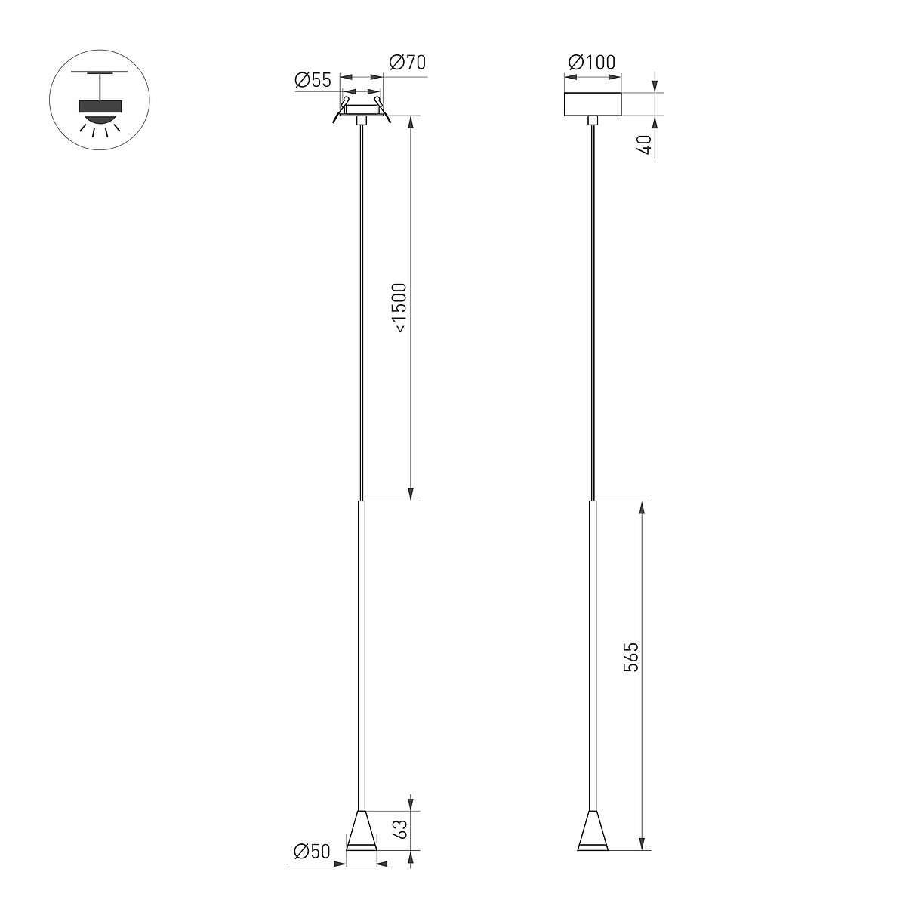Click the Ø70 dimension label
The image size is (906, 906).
[408, 62]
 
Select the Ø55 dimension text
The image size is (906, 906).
[313, 80]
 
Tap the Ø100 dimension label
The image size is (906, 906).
[591, 62]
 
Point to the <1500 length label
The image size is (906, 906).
[399, 308]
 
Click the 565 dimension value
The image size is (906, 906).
[631, 657]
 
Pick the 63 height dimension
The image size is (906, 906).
[399, 829]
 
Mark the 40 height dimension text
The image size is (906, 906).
[646, 145]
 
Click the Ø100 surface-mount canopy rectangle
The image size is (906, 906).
[593, 104]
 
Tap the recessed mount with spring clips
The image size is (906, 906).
[361, 110]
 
